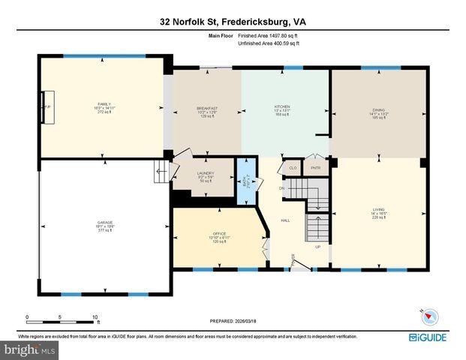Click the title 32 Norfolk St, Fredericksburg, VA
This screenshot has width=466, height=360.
233,22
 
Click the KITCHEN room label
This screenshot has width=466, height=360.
282,106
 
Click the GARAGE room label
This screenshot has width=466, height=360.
104,223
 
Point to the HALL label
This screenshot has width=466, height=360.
286,220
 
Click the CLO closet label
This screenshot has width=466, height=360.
292,168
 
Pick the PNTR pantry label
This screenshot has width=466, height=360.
316,168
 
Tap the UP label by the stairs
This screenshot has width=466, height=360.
317,247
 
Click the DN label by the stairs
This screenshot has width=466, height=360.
283,187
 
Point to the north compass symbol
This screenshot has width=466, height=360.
420,315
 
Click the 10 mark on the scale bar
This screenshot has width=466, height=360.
95,316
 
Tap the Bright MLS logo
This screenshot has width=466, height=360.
29,350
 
